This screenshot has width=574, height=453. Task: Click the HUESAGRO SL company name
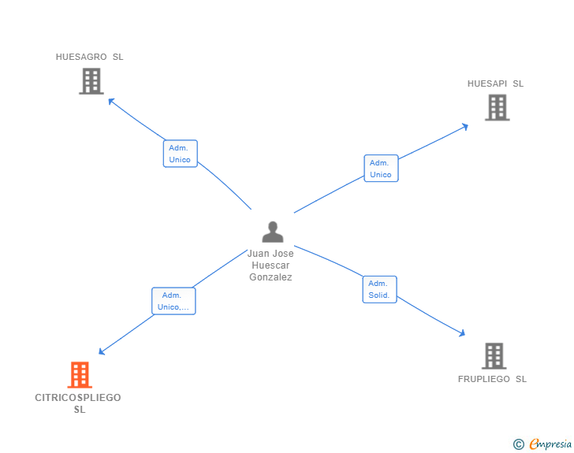89,57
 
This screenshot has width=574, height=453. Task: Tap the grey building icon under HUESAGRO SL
91,81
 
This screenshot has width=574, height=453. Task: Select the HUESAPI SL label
495,84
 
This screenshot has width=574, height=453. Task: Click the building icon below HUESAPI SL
497,107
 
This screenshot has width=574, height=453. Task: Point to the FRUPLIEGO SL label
492,379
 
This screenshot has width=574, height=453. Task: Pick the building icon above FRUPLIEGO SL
494,356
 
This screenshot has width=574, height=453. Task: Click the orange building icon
80,375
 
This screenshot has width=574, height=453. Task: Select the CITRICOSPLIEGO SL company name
78,403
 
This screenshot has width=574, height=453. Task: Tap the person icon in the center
272,232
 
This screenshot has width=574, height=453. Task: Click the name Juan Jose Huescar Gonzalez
270,265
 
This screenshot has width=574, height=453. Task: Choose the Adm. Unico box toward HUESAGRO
180,154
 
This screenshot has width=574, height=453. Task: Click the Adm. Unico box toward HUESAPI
381,169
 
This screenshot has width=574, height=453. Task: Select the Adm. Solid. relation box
379,289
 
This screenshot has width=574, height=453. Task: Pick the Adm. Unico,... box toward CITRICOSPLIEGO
173,301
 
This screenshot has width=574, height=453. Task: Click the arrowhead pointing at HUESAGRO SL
110,100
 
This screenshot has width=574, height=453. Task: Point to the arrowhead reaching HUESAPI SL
465,125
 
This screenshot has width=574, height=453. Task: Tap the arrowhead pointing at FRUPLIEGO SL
462,335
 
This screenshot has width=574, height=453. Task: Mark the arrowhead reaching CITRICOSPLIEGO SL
101,352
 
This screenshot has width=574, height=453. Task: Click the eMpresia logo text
550,444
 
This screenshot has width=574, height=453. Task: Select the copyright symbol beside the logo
519,444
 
